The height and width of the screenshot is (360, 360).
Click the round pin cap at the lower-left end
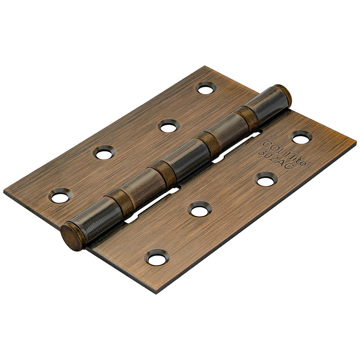tap(72, 237)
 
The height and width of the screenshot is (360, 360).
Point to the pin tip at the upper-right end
tap(284, 94)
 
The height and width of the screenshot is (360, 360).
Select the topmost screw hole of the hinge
tap(206, 88)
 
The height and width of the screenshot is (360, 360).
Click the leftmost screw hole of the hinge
tap(60, 196)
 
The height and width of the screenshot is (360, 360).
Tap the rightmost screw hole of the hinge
tap(301, 137)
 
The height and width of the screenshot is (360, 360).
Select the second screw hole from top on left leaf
tap(170, 126)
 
